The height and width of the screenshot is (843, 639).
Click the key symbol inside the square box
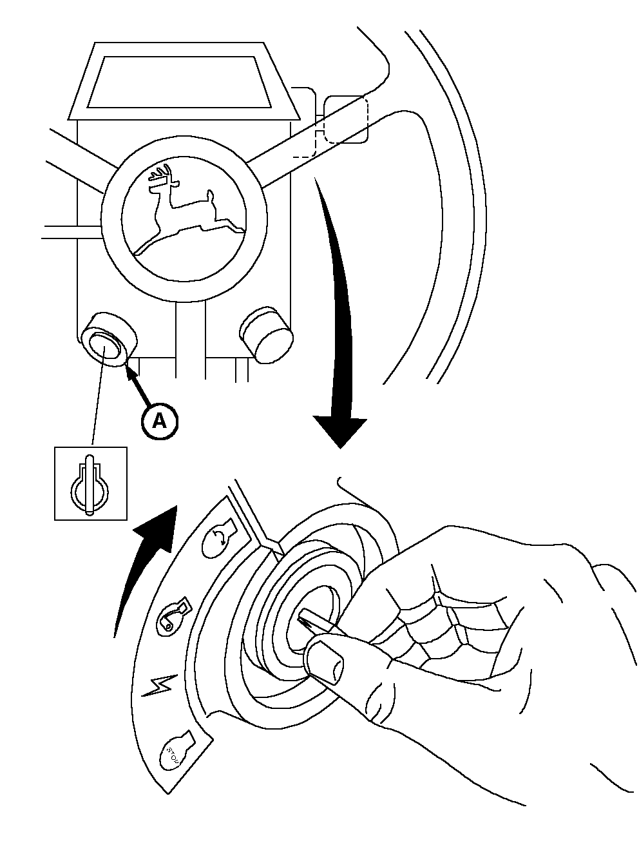(x=90, y=483)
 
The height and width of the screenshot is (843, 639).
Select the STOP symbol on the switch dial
(x=174, y=751)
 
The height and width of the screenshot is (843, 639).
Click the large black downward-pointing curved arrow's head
(x=339, y=432)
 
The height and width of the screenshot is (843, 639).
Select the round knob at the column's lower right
(x=266, y=333)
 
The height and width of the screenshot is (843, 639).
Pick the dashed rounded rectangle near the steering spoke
(x=345, y=119)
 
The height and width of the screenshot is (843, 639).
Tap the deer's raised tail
(x=209, y=194)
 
